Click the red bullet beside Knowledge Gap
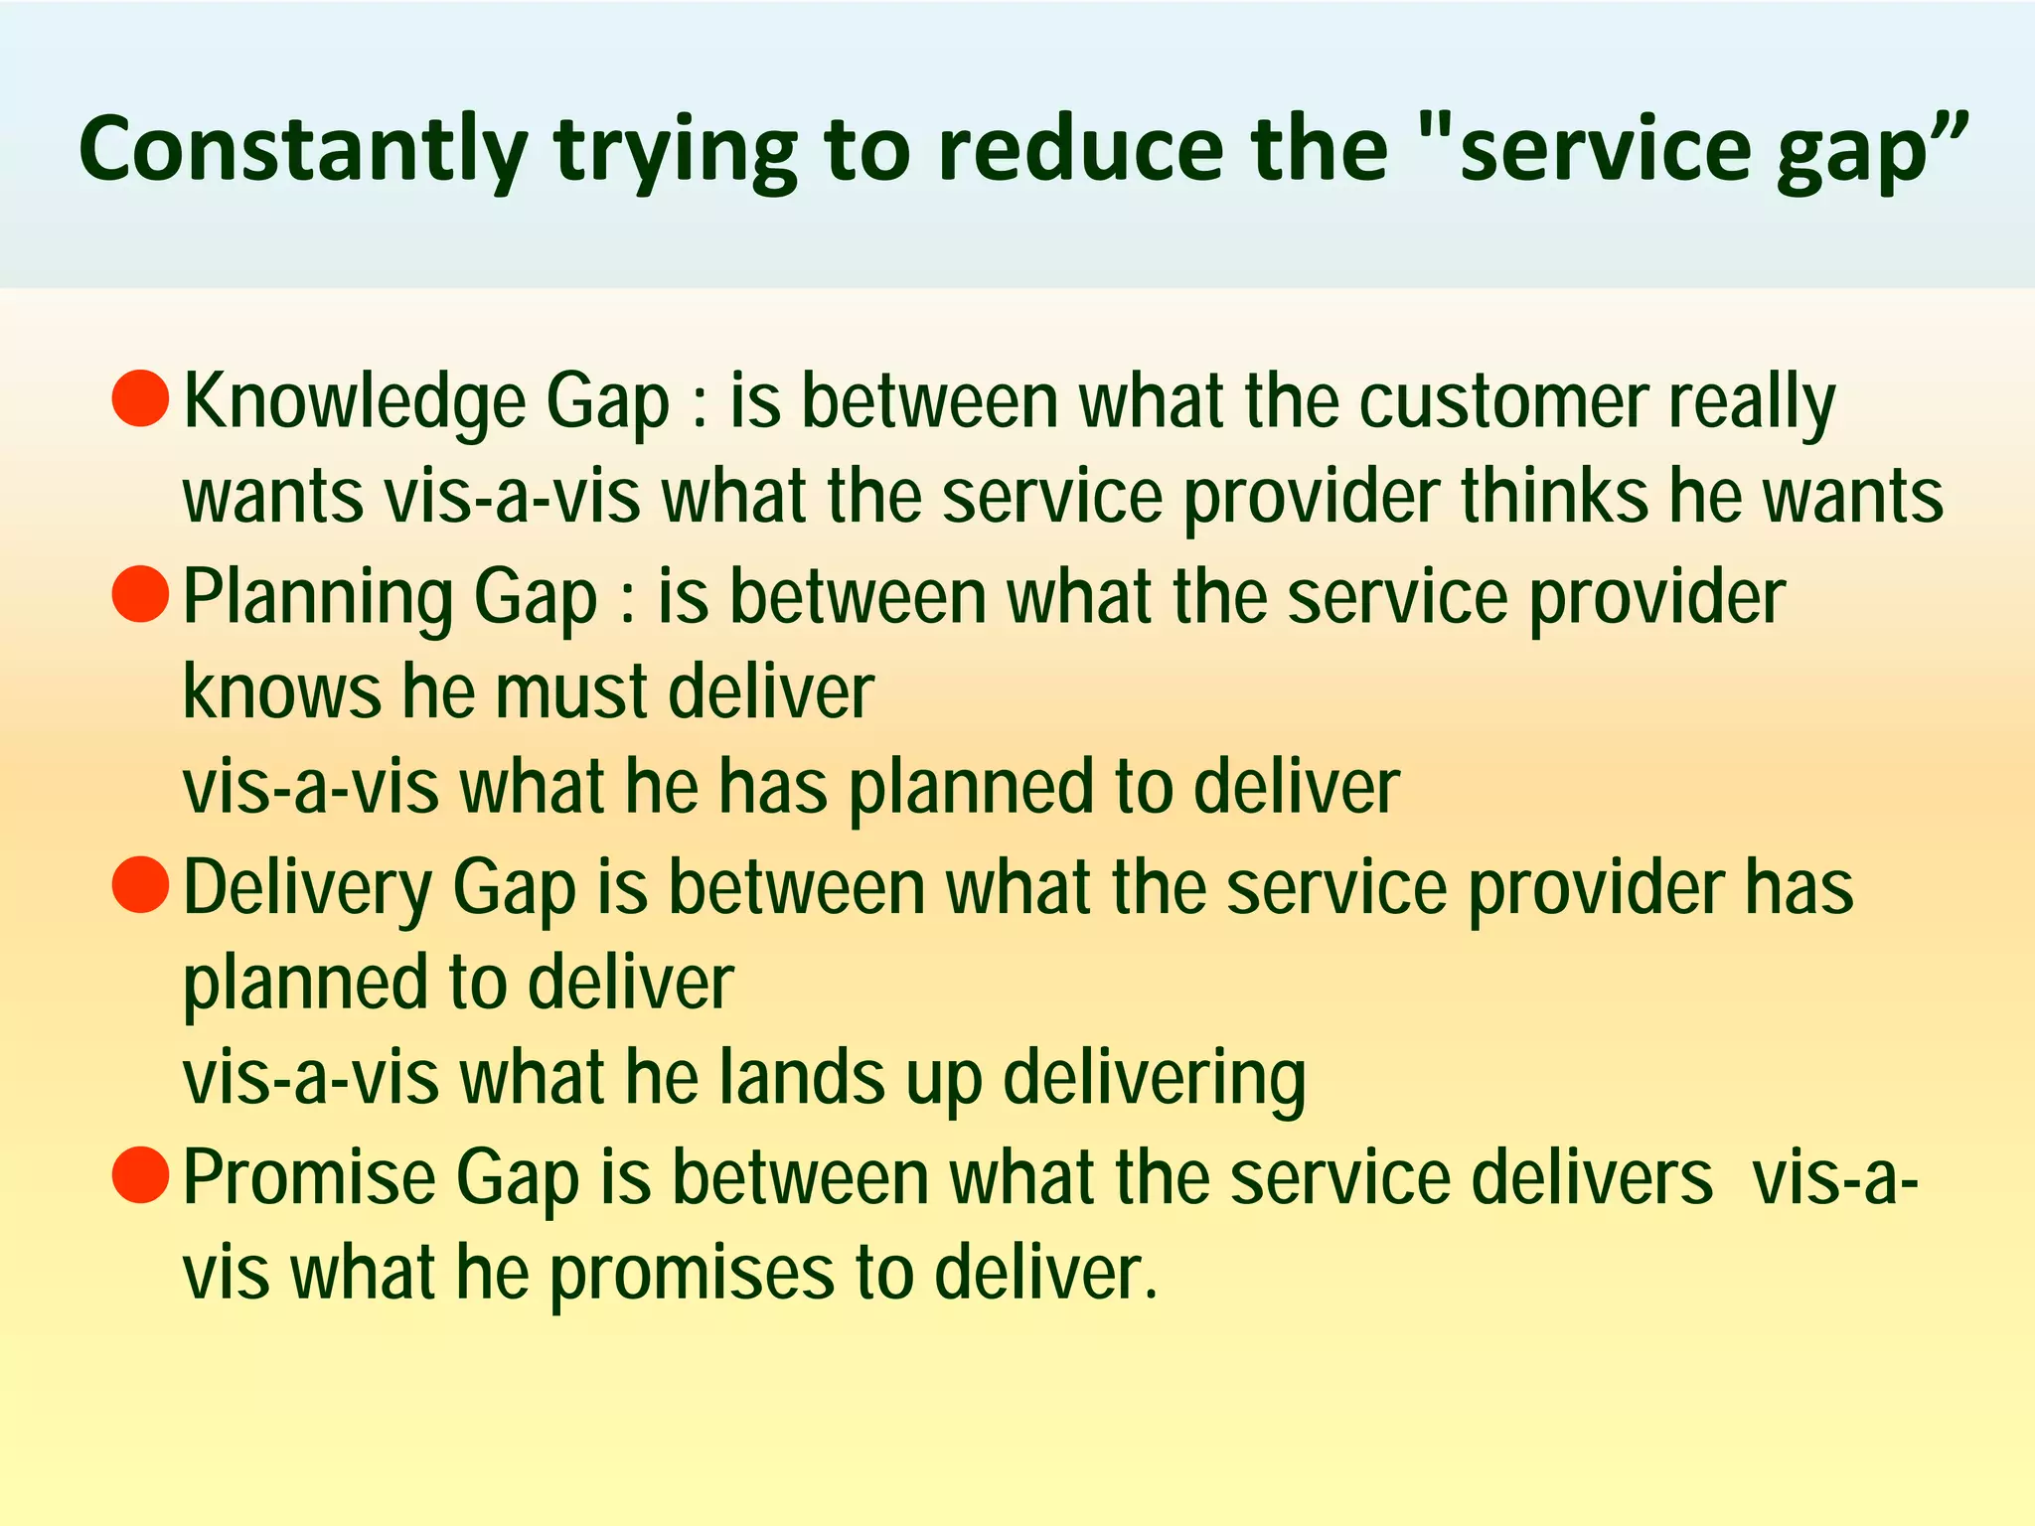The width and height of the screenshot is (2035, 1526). (140, 398)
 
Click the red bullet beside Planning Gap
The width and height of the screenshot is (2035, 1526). (140, 594)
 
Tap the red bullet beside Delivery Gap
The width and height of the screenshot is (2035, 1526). (140, 884)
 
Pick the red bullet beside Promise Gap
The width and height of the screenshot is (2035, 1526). (140, 1174)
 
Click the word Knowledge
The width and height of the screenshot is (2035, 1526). (355, 402)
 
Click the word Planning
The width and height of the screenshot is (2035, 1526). (318, 598)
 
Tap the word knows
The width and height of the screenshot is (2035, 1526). (281, 691)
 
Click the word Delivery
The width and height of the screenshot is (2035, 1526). (307, 888)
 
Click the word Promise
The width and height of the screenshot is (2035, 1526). (308, 1177)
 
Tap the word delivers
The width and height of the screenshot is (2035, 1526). (1591, 1177)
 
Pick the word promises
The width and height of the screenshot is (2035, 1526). (692, 1275)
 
